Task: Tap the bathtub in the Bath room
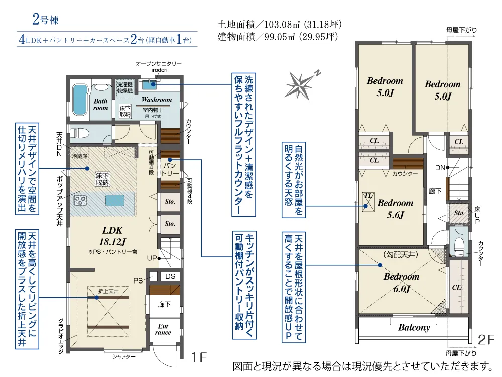(80, 100)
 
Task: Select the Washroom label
(156, 100)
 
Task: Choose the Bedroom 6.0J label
(401, 282)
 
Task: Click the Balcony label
(414, 328)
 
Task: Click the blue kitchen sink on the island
(116, 200)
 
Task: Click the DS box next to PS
(170, 276)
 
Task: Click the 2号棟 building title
(46, 21)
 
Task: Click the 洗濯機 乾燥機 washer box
(124, 87)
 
